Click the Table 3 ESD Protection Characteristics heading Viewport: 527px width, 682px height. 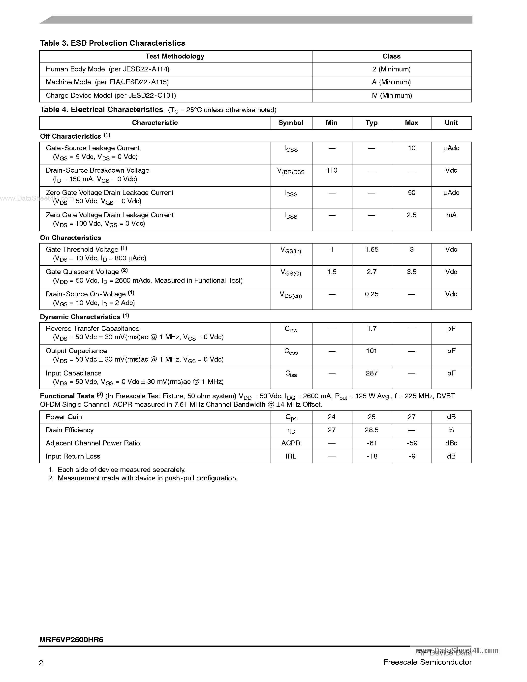click(112, 43)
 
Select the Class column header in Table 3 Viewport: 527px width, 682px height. click(392, 56)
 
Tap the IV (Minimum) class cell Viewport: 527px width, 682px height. click(392, 95)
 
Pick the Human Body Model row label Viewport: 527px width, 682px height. click(107, 69)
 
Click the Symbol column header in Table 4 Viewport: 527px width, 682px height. click(291, 123)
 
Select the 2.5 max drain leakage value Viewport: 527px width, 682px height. click(411, 215)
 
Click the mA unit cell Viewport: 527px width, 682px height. click(451, 215)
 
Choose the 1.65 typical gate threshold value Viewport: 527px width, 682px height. click(372, 249)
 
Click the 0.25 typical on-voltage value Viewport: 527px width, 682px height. click(372, 294)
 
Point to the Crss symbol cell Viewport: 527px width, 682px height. click(291, 329)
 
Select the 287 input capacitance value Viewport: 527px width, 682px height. click(372, 373)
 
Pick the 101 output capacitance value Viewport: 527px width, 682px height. click(372, 351)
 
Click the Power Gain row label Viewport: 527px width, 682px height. click(64, 417)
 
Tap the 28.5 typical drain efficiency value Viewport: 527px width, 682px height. click(372, 430)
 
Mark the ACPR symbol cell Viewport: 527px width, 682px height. click(291, 443)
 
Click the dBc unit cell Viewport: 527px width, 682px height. click(451, 443)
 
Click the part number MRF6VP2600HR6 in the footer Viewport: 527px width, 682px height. click(71, 640)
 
